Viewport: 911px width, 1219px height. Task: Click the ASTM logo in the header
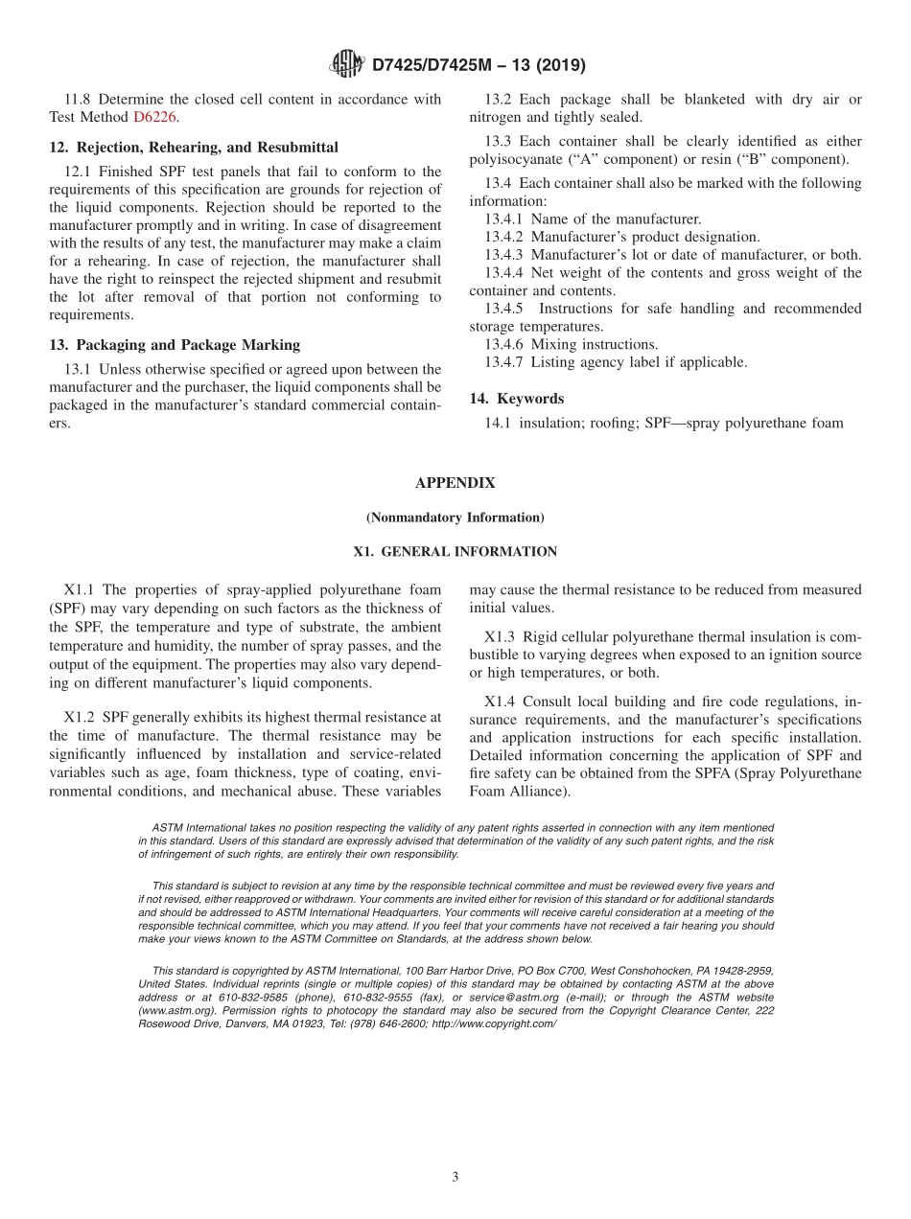[346, 64]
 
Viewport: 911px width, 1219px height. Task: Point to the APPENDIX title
[455, 483]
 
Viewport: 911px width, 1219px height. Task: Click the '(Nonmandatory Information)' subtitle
[455, 517]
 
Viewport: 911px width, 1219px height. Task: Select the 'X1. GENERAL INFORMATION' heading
[455, 552]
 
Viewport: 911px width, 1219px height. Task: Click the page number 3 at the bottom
[455, 1177]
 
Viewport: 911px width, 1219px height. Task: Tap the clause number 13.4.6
[505, 345]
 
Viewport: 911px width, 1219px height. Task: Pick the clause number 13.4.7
[505, 362]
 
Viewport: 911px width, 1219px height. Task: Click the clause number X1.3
[501, 637]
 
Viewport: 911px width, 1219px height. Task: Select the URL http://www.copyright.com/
[494, 1024]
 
